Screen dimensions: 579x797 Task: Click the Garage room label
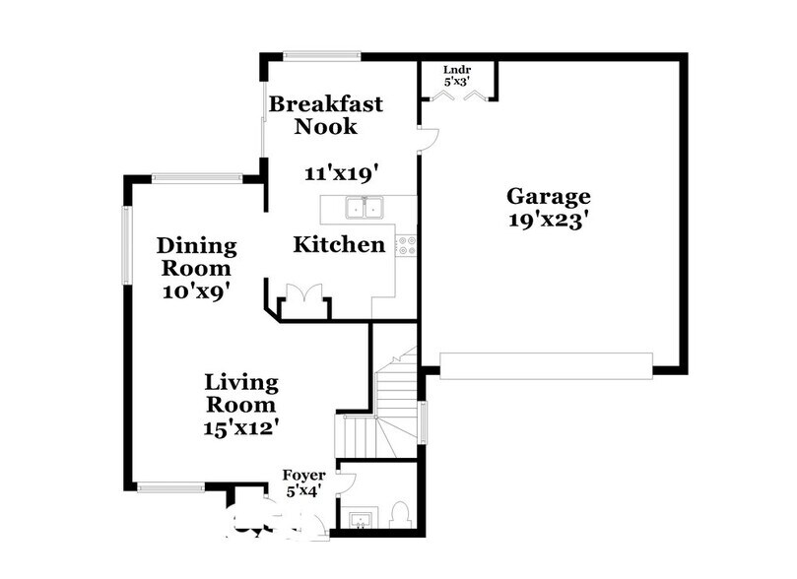549,195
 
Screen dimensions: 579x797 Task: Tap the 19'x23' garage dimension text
549,221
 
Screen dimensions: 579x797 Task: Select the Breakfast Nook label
326,114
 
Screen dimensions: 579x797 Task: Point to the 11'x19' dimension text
342,173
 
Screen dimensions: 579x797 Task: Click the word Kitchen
339,244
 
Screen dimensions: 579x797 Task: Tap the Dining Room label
197,256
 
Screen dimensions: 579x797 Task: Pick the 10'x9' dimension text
197,290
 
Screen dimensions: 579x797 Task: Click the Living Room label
241,392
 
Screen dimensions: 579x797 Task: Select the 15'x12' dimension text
241,427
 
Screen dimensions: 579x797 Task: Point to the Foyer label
303,476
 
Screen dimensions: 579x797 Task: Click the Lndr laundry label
457,69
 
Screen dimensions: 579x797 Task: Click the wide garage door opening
546,365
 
